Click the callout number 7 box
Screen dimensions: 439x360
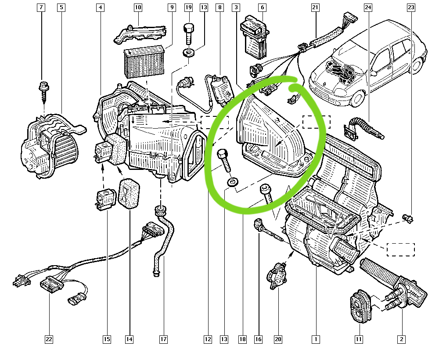click(41, 7)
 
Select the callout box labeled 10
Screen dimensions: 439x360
click(138, 7)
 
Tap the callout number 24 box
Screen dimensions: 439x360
click(368, 7)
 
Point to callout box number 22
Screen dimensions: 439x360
click(49, 339)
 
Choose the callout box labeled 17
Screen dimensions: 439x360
click(163, 339)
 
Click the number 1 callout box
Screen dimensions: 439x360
click(316, 339)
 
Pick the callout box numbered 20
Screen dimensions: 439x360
click(278, 339)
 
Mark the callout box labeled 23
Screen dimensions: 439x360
click(411, 7)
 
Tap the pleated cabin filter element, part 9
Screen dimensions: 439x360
click(144, 61)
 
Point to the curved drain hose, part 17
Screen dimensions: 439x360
click(163, 241)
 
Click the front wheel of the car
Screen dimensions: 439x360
click(356, 98)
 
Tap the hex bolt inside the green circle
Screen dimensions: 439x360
click(224, 161)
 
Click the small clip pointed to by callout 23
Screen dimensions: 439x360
click(408, 218)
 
